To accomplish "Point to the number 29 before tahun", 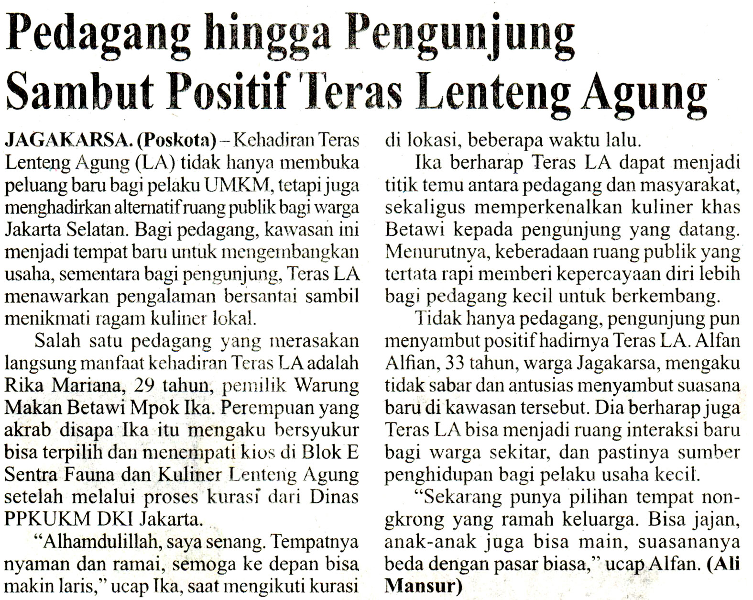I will [x=145, y=385].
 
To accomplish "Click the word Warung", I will [x=327, y=385].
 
